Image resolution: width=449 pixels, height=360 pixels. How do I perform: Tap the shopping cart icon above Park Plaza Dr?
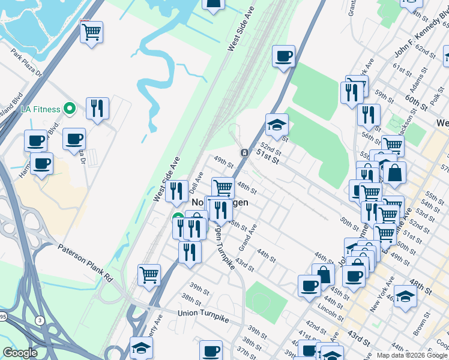pos(91,32)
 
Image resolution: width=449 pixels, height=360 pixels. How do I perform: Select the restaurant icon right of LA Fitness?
pos(97,109)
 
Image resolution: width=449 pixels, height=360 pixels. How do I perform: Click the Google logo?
pos(20,353)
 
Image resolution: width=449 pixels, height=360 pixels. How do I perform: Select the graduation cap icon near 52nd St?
pos(277,125)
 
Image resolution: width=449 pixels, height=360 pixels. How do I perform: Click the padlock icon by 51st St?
pos(245,153)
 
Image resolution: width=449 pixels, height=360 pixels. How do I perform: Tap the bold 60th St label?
pos(415,98)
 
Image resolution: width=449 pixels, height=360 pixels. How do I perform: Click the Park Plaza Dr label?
pos(27,64)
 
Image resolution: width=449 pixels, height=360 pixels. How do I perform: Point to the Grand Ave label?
pos(247,237)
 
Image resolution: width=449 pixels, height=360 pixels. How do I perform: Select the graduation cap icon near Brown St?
pos(406,296)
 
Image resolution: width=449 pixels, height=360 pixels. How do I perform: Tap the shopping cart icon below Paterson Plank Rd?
pos(149,275)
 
